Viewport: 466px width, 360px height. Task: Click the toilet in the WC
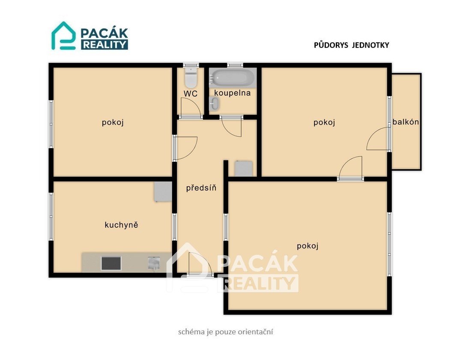[x=191, y=77]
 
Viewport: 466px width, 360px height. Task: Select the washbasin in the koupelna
[x=214, y=104]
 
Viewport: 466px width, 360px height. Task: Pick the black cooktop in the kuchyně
[x=111, y=263]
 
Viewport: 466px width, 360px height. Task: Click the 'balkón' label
[x=406, y=122]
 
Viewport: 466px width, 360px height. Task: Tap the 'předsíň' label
[x=201, y=188]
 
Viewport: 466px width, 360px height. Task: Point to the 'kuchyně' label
[x=121, y=225]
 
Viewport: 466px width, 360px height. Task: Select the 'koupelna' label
[x=233, y=93]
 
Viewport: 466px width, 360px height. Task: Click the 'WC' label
[x=191, y=94]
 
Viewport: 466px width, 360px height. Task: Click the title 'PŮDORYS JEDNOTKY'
[x=352, y=45]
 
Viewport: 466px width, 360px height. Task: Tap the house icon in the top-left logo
[x=63, y=36]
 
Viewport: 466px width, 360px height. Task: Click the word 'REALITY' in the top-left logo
[x=105, y=45]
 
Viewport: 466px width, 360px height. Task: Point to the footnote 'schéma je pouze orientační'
[x=226, y=332]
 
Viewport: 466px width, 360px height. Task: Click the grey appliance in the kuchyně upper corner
[x=163, y=192]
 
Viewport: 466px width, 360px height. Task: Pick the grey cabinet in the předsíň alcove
[x=244, y=168]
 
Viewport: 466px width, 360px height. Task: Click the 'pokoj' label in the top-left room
[x=113, y=122]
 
